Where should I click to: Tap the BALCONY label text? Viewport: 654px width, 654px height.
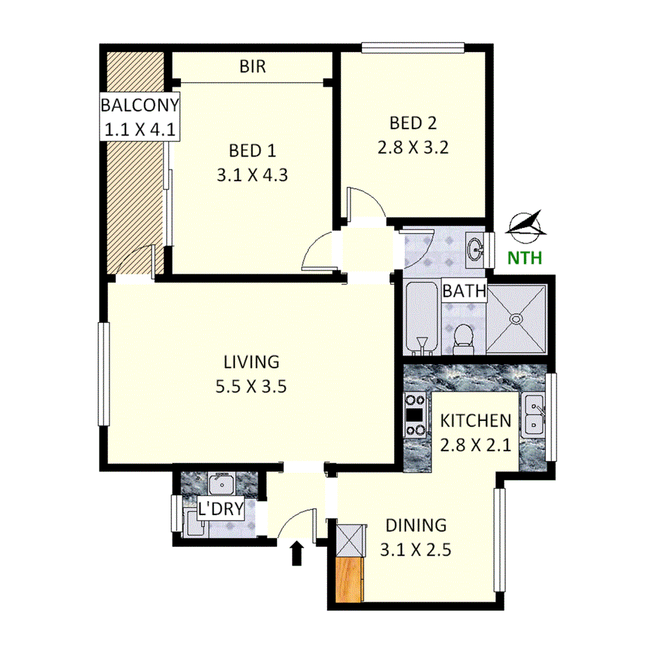click(140, 106)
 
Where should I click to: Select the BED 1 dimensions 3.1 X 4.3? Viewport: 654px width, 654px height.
click(253, 175)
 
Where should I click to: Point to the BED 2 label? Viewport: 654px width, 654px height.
click(413, 124)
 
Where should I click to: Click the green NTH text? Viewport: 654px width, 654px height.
click(525, 258)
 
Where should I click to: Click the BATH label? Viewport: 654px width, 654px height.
click(464, 291)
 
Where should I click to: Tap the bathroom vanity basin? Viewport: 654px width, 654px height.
click(476, 248)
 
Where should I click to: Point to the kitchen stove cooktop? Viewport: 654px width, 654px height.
click(415, 416)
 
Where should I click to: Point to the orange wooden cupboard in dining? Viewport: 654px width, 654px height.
click(349, 580)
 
